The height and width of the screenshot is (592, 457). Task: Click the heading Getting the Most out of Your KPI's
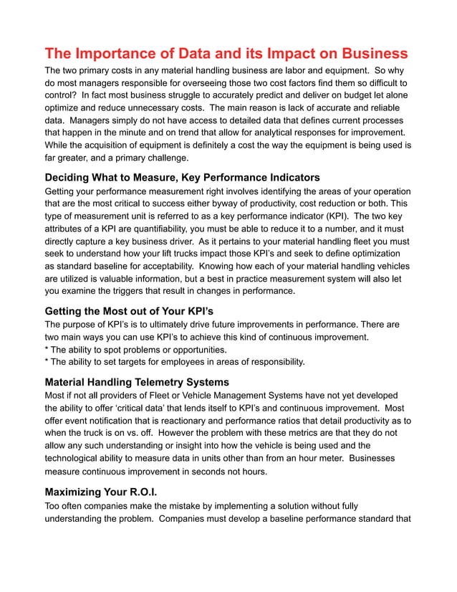coord(129,311)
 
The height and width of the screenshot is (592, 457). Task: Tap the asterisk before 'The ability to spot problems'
coord(47,350)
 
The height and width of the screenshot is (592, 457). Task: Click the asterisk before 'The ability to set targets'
coord(47,363)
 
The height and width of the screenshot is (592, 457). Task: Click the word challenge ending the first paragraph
coord(165,157)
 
